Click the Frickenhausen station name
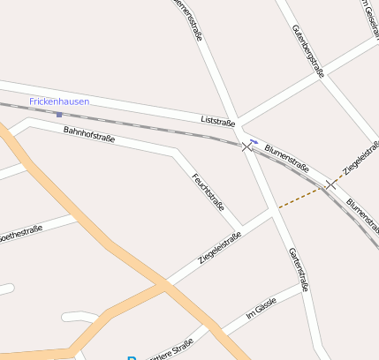[59, 102]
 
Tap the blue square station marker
[58, 114]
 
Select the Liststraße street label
[217, 119]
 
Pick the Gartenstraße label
[299, 269]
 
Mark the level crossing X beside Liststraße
[246, 146]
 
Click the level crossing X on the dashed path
[331, 184]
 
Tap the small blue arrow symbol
[254, 140]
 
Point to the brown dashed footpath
[300, 199]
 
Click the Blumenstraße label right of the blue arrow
[286, 157]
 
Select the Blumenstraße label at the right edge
[362, 213]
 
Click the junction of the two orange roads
[164, 284]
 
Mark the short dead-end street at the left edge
[7, 289]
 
